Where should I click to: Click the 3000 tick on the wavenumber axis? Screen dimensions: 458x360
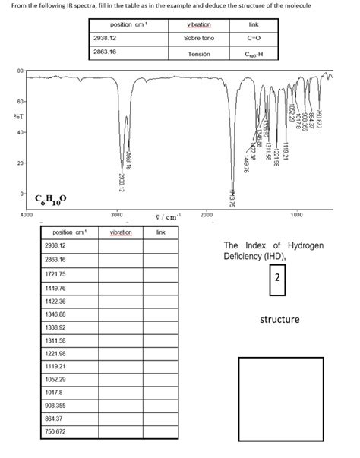117,216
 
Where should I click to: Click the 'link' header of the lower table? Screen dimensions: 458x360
162,232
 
